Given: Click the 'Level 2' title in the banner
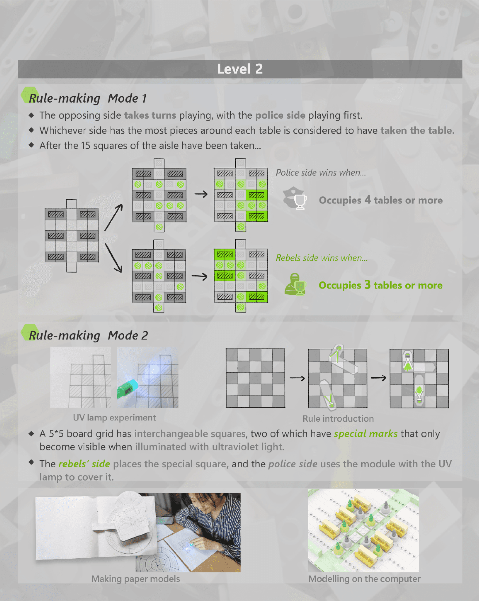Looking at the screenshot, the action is (240, 69).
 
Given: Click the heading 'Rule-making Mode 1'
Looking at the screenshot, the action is (88, 98).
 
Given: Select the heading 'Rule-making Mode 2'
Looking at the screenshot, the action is (88, 335).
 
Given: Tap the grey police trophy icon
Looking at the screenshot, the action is (295, 198).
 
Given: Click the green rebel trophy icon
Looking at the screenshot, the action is (295, 284).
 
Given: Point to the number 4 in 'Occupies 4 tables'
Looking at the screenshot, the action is (368, 200).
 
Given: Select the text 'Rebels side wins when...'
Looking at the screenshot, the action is (322, 258).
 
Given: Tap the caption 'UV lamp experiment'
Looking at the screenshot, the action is (114, 418).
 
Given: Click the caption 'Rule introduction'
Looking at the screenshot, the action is (338, 418).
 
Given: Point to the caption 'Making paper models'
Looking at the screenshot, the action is (136, 579).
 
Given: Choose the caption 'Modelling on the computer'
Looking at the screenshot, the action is (364, 579).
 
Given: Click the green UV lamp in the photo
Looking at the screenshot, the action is (128, 389).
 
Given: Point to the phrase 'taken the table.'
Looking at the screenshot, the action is (417, 131).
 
